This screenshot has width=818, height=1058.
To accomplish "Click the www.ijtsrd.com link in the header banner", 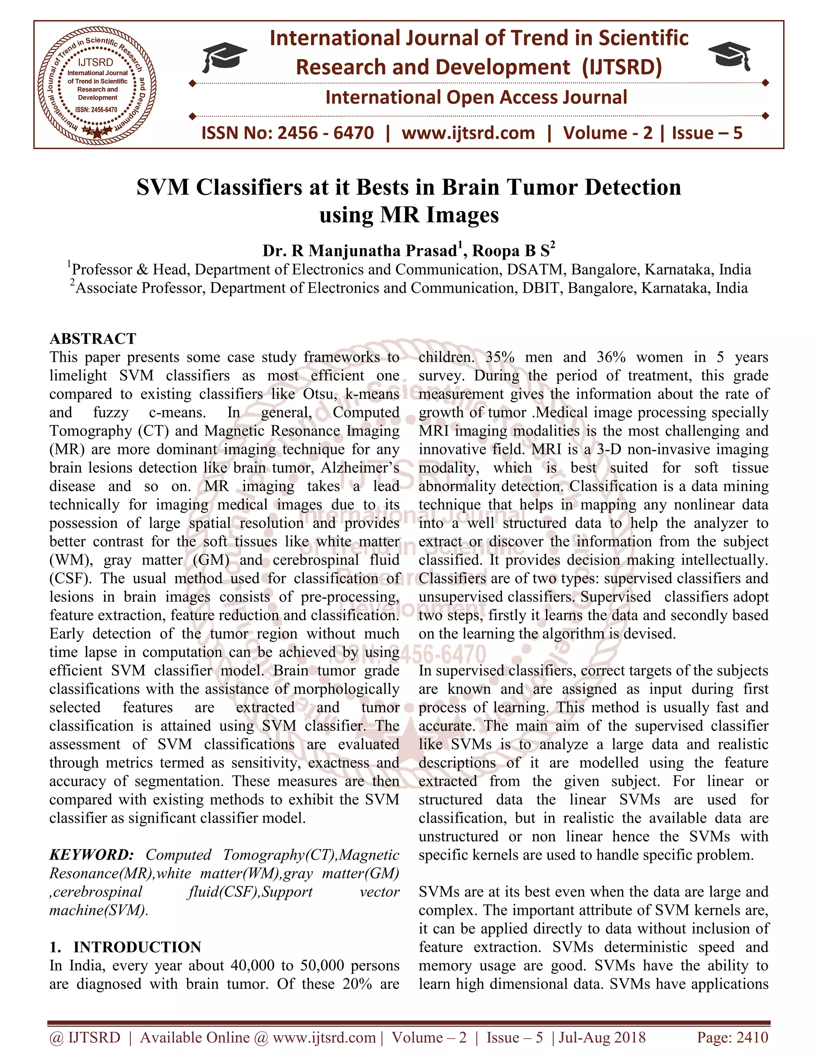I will (468, 133).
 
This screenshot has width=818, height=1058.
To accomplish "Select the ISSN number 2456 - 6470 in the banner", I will (325, 133).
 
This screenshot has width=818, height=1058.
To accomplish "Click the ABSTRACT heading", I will (93, 338).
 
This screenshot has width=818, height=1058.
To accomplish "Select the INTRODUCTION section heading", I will (137, 947).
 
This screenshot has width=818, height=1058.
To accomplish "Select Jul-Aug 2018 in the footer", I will (602, 1037).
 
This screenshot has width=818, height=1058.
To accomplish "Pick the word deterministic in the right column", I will (645, 947).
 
